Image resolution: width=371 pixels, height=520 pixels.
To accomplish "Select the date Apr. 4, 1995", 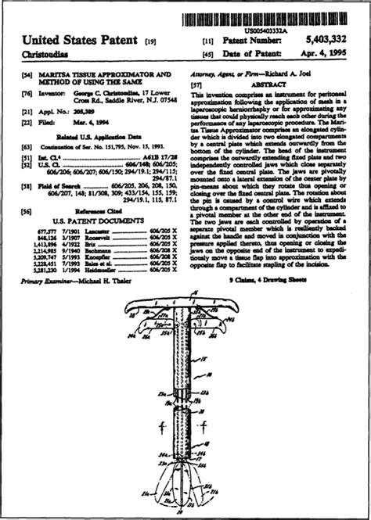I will [x=322, y=53].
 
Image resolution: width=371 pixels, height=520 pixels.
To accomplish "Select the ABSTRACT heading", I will [x=268, y=84].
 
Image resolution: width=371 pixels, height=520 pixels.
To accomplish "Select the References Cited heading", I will [x=99, y=211].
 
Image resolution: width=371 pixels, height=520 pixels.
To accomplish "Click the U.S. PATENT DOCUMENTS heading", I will [x=99, y=221].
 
